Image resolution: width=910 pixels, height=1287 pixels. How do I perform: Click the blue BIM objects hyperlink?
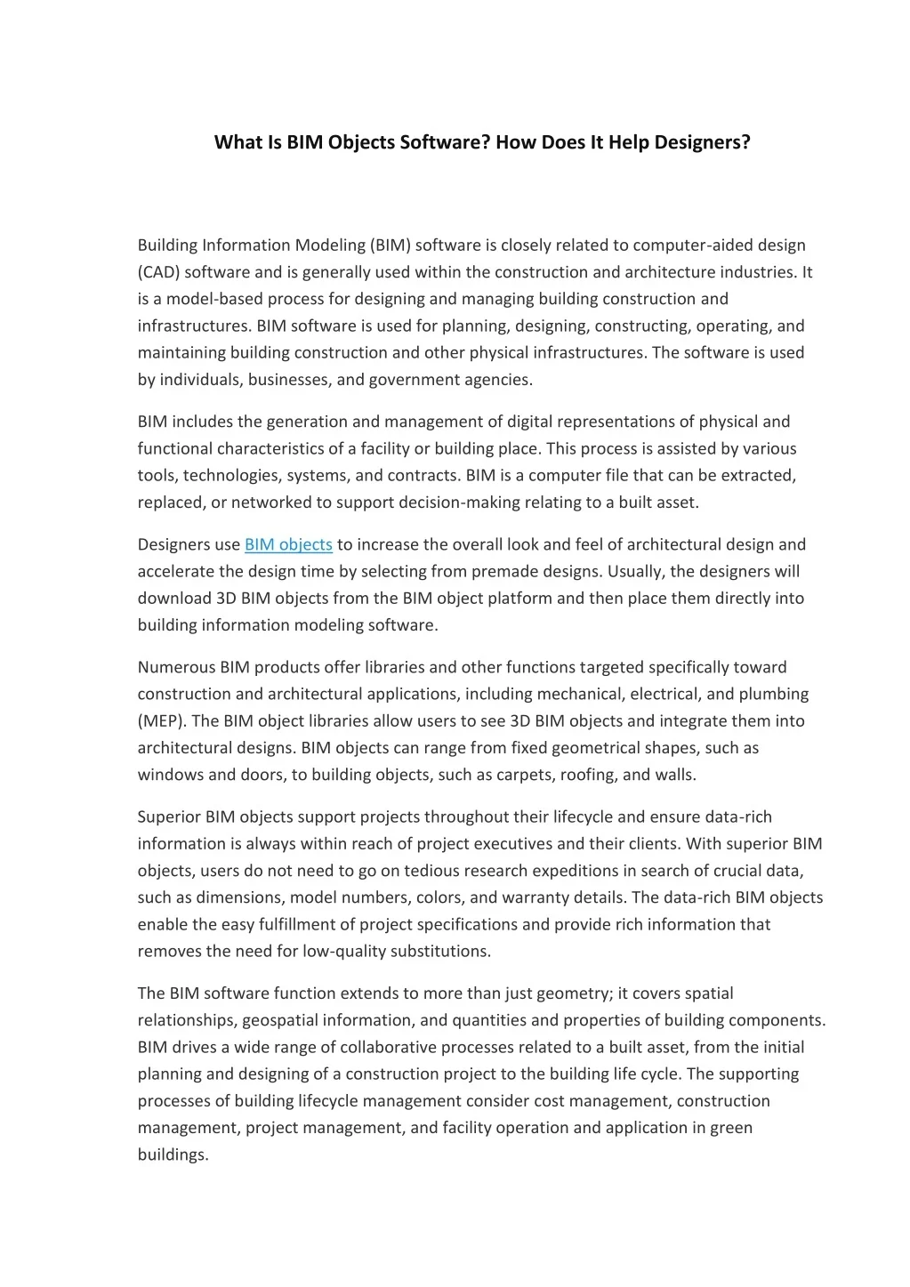point(288,544)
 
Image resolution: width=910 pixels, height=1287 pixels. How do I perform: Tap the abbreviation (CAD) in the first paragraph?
point(158,272)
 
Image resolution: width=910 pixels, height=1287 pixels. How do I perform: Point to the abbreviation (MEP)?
point(162,721)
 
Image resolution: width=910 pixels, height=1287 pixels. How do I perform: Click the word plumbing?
point(775,694)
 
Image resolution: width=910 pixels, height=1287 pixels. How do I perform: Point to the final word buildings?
point(173,1154)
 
